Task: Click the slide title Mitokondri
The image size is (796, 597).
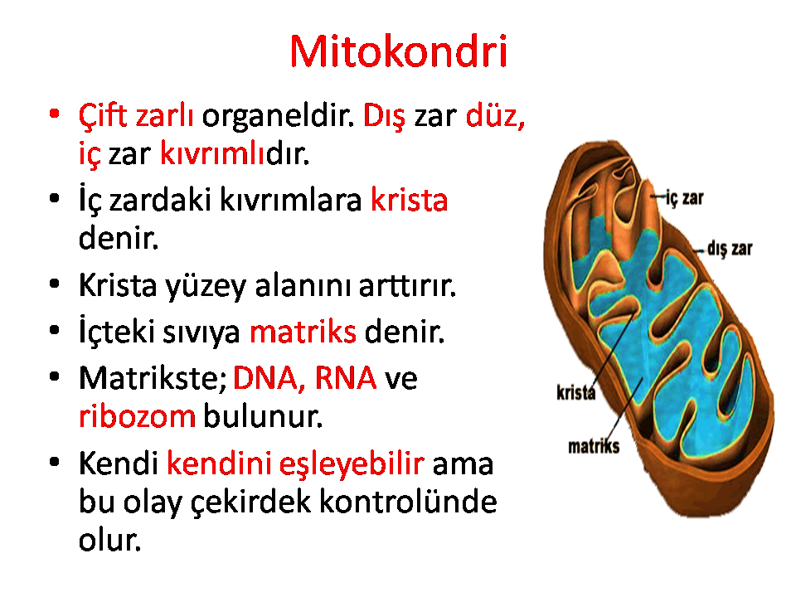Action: point(399,51)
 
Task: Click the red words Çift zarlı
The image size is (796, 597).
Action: point(136,117)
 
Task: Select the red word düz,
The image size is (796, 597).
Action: point(496,116)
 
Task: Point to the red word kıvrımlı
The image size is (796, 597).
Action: point(213,153)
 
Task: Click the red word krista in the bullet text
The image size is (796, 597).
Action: point(409,200)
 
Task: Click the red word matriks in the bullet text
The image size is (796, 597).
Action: point(303,332)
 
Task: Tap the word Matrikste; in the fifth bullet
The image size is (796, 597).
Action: point(153,378)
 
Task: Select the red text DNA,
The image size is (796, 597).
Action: point(269,378)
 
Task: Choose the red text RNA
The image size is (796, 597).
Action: point(346,378)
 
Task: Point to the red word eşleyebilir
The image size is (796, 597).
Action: point(352,464)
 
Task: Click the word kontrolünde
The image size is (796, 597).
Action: point(408,501)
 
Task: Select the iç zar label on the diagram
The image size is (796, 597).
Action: point(684,198)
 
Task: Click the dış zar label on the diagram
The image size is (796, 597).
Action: point(730,249)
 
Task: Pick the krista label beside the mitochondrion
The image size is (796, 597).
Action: point(575,392)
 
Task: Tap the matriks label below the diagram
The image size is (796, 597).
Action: point(594,446)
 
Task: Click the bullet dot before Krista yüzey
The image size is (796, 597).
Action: point(55,284)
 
